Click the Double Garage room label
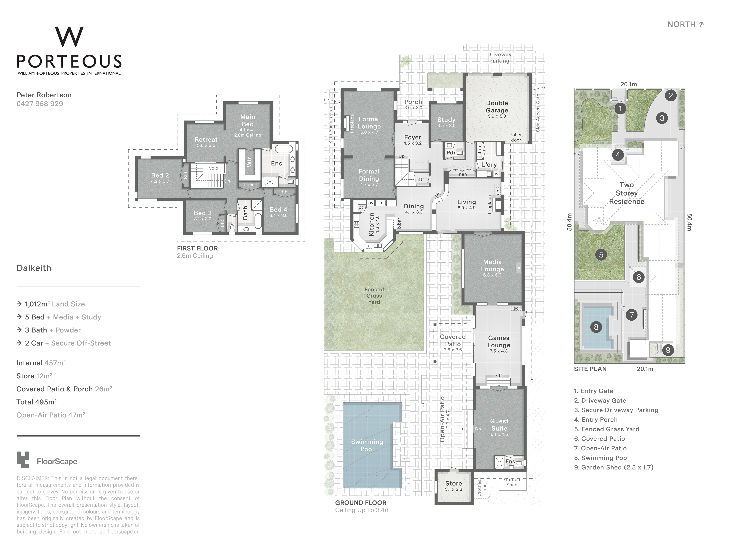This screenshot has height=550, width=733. coord(497,107)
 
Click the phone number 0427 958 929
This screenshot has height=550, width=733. coord(40,104)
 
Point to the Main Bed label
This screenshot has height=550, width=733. coord(248,120)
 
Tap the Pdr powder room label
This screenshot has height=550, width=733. coord(451,153)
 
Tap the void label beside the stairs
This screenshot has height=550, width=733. coord(214,168)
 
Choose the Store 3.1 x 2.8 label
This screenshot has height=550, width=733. coord(453,486)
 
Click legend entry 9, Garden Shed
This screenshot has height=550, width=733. coord(614,467)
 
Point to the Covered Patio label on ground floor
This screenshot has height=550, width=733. coord(453,340)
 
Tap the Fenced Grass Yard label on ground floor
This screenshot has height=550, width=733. coord(374,296)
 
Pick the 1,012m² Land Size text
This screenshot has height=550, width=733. coord(55,304)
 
